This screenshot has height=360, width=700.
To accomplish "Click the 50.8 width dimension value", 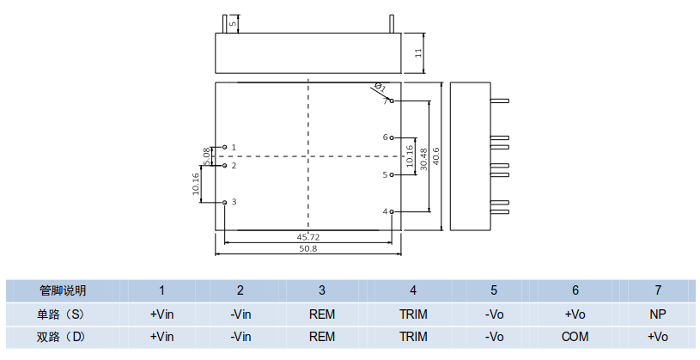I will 307,248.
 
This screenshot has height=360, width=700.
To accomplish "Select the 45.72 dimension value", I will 307,236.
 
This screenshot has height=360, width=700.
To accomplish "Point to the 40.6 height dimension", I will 436,156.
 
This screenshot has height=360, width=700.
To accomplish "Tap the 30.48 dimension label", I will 423,156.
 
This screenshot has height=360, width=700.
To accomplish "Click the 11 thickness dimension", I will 418,53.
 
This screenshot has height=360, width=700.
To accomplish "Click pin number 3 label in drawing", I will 234,202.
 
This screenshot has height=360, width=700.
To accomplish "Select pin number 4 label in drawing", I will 385,211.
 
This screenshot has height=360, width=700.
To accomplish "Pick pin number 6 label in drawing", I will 385,137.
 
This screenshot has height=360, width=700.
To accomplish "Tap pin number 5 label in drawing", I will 385,174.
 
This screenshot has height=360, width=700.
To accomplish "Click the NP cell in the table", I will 658,314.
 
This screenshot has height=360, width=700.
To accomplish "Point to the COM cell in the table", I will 575,337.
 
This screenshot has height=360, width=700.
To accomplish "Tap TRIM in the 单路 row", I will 413,314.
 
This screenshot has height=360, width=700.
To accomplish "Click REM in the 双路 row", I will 321,337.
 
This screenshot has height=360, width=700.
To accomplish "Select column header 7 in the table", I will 658,290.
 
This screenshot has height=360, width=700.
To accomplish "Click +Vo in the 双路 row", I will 658,337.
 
